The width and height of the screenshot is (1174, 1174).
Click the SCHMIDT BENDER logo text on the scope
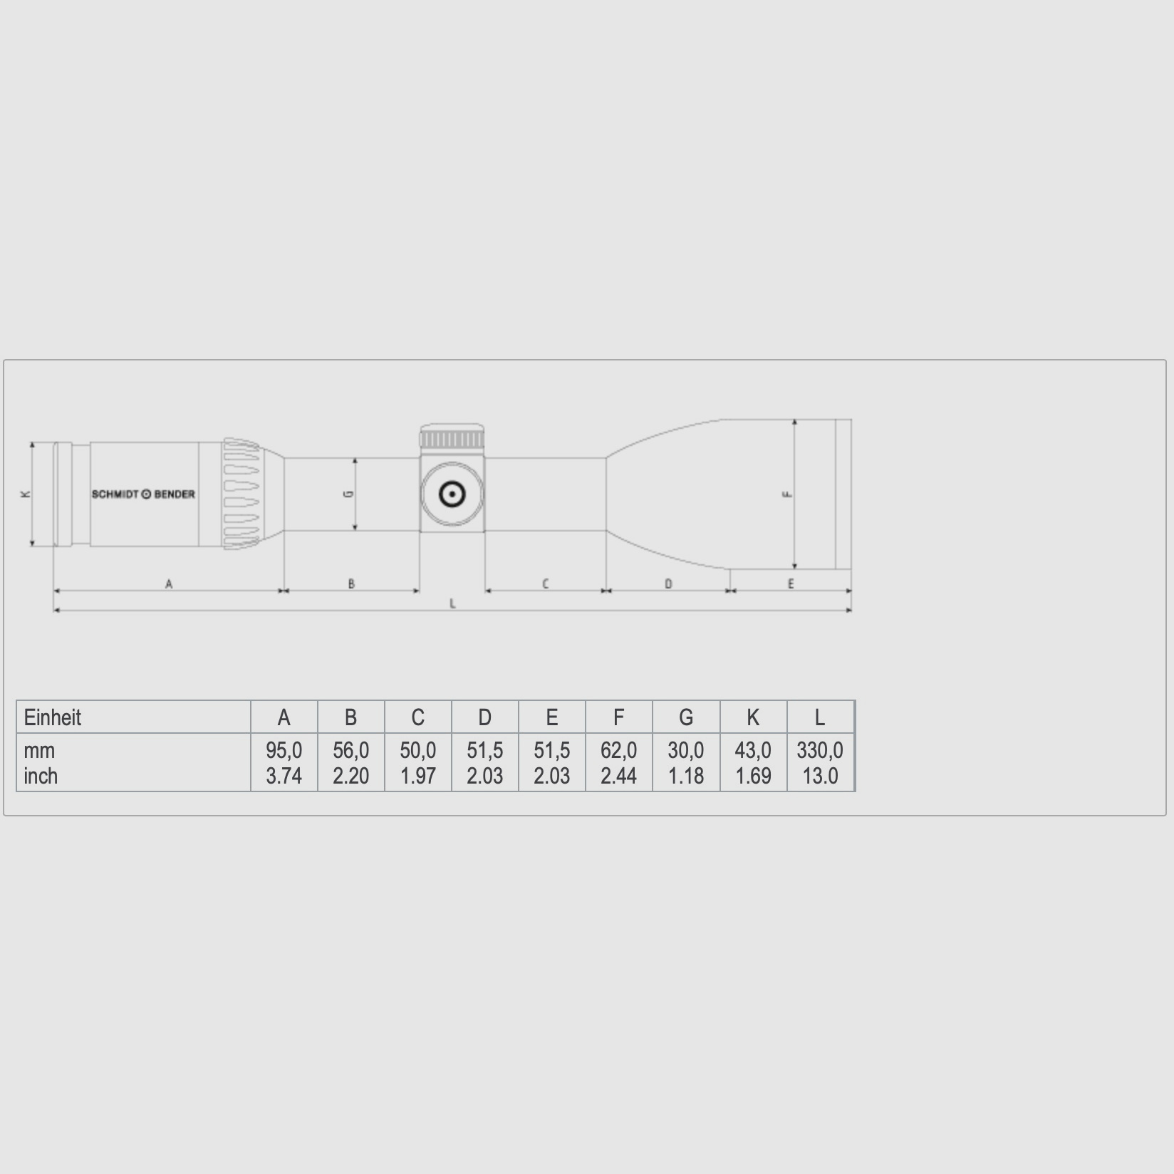[143, 494]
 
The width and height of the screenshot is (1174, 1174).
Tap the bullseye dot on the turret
[452, 494]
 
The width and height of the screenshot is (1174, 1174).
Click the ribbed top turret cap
[452, 437]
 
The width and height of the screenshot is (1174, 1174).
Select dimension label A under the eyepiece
[169, 584]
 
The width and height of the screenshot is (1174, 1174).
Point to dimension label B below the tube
[351, 584]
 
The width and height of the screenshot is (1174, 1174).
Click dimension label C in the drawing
[546, 584]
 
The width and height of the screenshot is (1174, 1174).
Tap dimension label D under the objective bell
[668, 584]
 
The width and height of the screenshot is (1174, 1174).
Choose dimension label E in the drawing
[791, 584]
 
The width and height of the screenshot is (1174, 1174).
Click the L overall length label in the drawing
[452, 604]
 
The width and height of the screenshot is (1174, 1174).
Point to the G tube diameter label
[349, 494]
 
